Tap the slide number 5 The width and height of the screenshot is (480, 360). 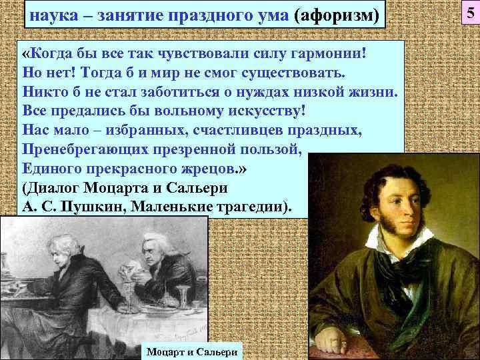tap(468, 12)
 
